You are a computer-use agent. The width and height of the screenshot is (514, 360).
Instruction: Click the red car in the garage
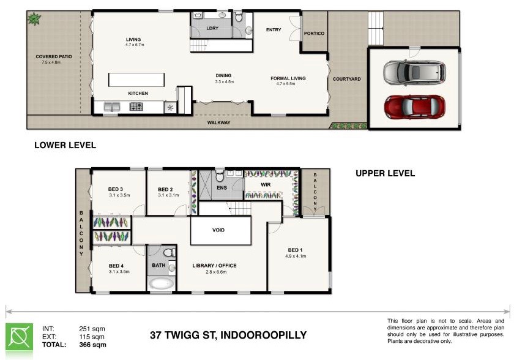click(x=415, y=107)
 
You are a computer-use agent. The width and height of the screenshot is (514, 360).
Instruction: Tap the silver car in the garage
click(x=415, y=72)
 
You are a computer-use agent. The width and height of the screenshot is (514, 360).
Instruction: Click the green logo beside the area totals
click(x=20, y=338)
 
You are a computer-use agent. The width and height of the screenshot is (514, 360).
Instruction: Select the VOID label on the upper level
click(x=218, y=230)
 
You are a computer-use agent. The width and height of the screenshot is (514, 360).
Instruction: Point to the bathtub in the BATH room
click(x=161, y=283)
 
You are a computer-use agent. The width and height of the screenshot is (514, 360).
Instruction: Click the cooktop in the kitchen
click(x=136, y=107)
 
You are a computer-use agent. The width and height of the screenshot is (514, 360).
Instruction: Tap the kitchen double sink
click(x=112, y=107)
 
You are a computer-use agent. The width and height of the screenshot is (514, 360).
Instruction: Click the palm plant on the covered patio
click(x=34, y=19)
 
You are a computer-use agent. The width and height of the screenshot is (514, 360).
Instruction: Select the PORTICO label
click(x=314, y=34)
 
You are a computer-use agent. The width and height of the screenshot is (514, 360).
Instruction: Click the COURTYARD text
click(x=346, y=79)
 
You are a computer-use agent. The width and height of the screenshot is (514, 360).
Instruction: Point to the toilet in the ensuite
click(x=220, y=176)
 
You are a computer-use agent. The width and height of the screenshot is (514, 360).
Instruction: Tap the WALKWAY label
click(x=218, y=122)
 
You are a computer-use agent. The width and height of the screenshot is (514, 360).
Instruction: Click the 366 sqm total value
click(x=93, y=345)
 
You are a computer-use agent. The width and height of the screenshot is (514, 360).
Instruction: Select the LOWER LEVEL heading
click(x=65, y=145)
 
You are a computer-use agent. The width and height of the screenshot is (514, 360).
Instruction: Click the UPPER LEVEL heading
click(x=385, y=173)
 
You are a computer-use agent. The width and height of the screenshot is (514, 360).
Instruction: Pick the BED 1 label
click(x=296, y=250)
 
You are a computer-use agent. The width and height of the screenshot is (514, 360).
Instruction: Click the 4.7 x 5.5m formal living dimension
click(x=286, y=84)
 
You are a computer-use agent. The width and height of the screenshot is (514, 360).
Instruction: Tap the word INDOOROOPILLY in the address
click(x=263, y=336)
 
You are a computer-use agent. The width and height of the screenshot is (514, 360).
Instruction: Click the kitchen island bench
click(x=136, y=80)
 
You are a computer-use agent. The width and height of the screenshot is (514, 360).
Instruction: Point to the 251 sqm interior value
click(x=92, y=329)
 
